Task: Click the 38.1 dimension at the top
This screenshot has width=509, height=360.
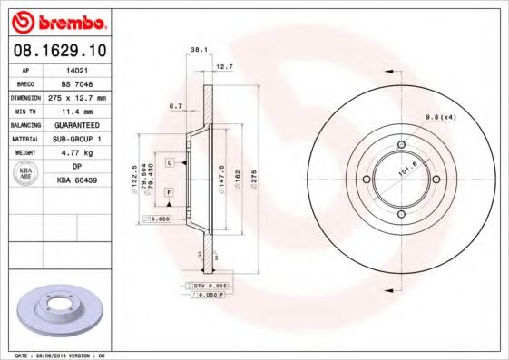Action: click(x=194, y=51)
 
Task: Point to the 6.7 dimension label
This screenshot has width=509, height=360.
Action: click(x=177, y=105)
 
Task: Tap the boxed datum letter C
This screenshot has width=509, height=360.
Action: click(x=170, y=161)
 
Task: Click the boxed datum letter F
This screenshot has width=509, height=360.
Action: click(x=170, y=192)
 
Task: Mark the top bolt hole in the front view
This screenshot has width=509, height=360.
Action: click(x=401, y=144)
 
